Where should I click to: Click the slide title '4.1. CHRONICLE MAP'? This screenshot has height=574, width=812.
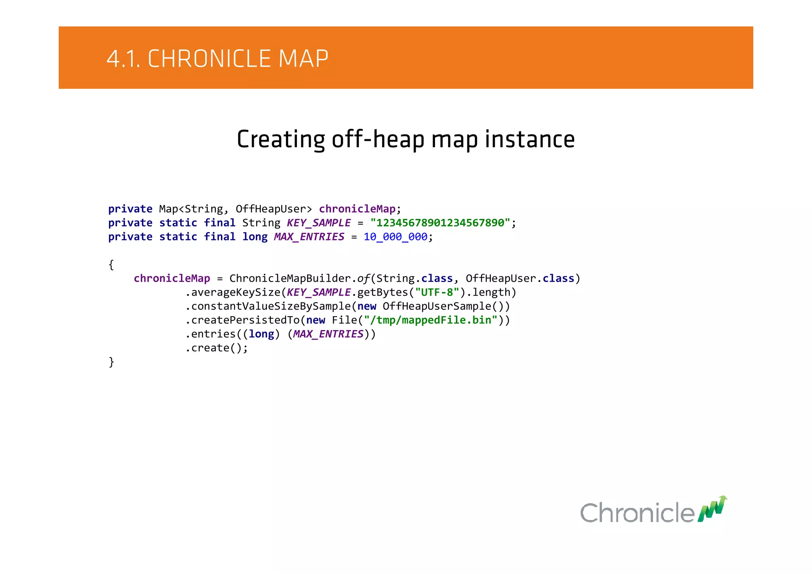(217, 59)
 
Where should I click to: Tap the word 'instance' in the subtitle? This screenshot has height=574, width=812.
(530, 139)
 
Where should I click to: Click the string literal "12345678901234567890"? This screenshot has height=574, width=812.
(440, 223)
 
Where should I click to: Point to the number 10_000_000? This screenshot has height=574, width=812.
(395, 237)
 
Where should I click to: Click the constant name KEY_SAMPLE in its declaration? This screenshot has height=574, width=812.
(319, 223)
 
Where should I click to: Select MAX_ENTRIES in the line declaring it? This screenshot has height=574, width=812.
(309, 237)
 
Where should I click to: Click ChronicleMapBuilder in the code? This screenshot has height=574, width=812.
(290, 278)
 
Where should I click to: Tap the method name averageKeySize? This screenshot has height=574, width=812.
(236, 292)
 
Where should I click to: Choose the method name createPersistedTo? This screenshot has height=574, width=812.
(245, 320)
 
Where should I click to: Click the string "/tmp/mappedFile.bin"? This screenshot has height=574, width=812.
(431, 320)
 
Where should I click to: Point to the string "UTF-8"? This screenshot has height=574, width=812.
(437, 292)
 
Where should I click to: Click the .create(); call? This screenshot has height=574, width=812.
(217, 348)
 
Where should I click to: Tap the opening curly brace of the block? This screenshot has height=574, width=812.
(111, 265)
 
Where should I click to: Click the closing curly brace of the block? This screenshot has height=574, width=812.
(111, 362)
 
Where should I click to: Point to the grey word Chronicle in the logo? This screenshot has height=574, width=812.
(637, 513)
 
